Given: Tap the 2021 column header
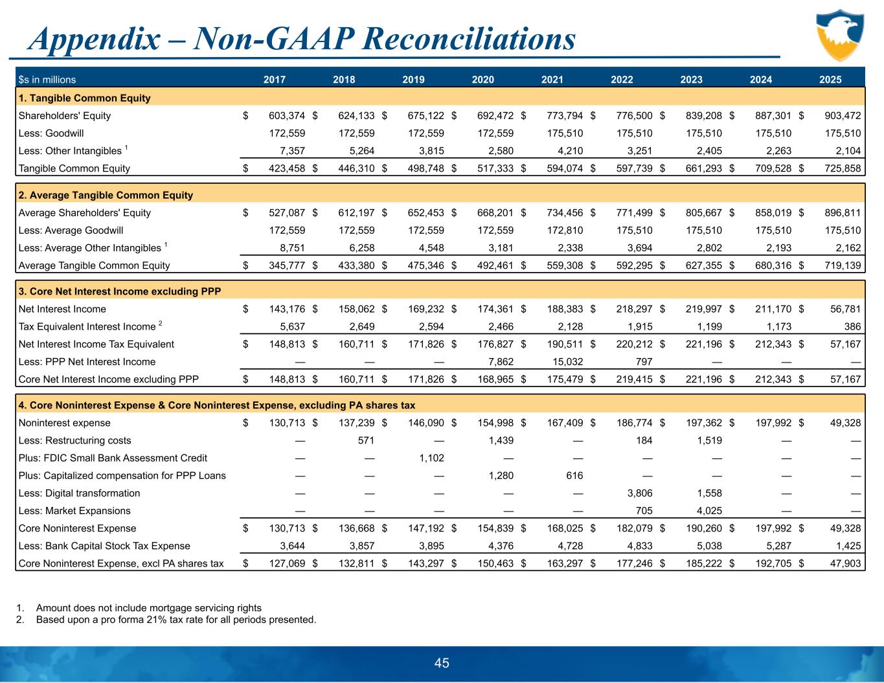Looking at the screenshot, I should click(x=552, y=80).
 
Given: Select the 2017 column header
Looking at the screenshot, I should click(x=275, y=80).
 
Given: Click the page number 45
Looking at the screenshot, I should click(x=442, y=663).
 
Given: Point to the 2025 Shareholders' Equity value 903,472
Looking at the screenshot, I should click(x=839, y=116).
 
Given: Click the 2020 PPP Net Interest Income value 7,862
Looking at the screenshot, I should click(x=499, y=362).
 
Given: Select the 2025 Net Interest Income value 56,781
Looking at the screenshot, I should click(x=844, y=309).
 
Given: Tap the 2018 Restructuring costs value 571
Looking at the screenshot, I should click(x=365, y=441).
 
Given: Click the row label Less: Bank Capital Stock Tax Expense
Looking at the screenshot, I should click(x=104, y=546).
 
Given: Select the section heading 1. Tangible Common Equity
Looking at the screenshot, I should click(x=85, y=98).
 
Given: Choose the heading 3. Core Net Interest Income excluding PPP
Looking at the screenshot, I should click(x=120, y=291).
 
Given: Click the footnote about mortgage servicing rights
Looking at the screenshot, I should click(x=148, y=608).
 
